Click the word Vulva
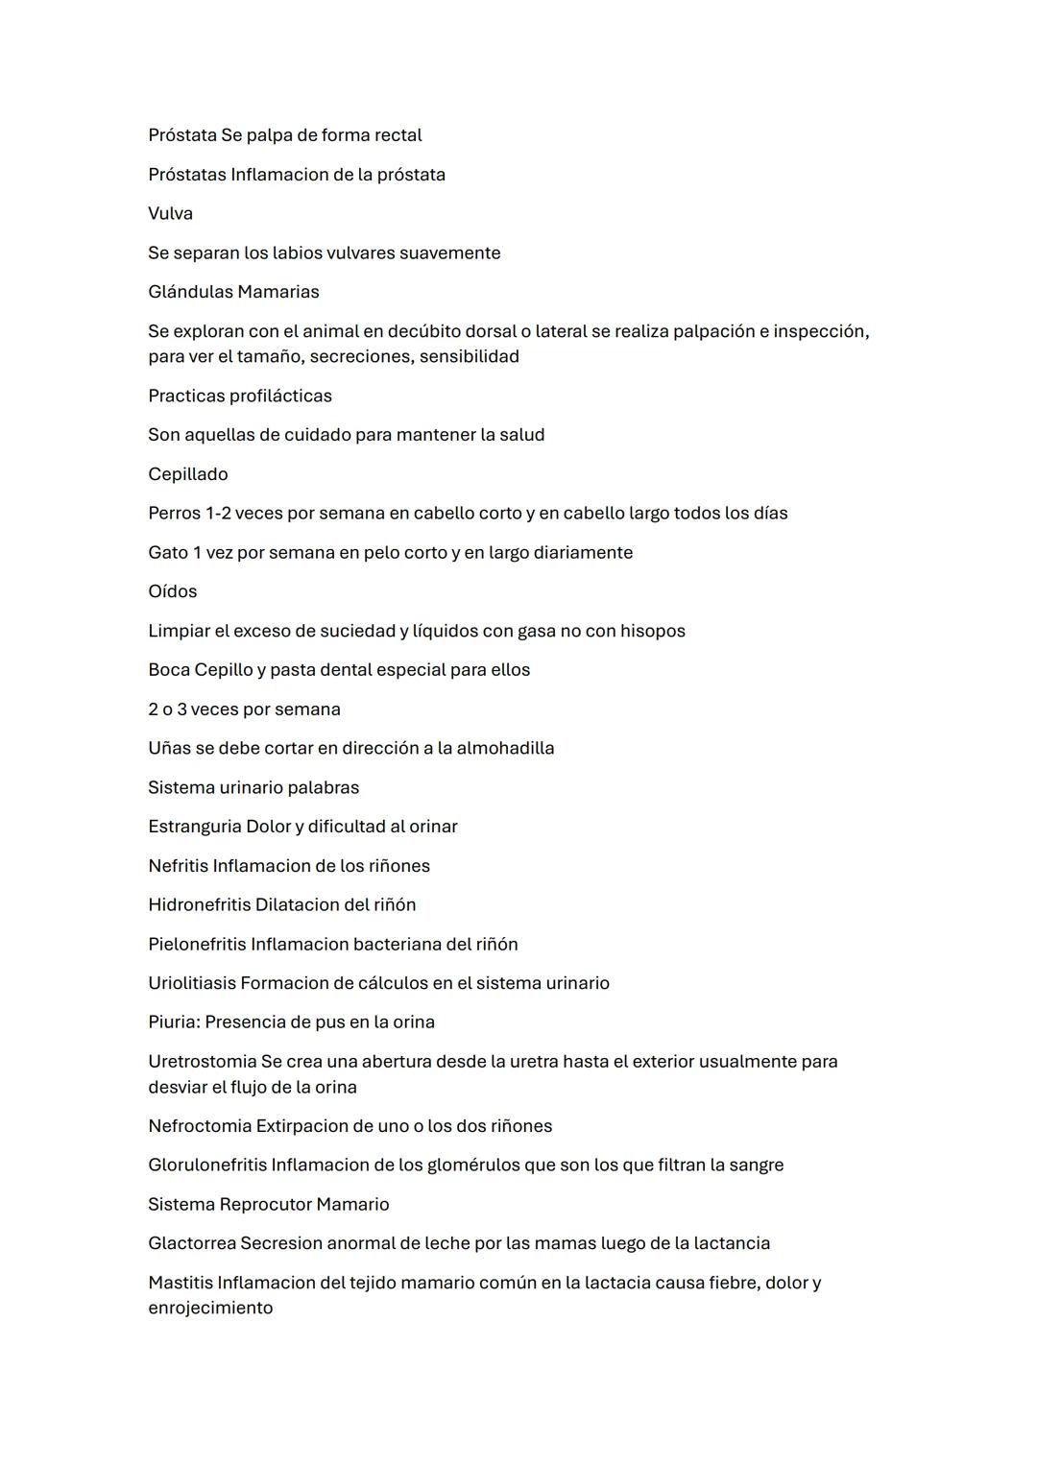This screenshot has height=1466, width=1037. point(170,213)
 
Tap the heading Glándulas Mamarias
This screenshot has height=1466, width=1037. point(233,292)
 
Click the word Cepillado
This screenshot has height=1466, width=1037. point(188,474)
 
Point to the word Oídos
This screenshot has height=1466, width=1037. point(173,591)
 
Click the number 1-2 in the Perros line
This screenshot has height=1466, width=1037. point(217,514)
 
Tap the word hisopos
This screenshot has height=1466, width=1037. point(653,632)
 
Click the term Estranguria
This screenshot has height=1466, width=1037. point(194,827)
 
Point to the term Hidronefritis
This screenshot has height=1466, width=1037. point(199,904)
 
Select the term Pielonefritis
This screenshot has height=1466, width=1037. point(197,944)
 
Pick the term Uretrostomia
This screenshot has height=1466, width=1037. point(202,1062)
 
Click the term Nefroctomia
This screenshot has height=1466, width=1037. point(199,1126)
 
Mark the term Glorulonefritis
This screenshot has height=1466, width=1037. point(206,1166)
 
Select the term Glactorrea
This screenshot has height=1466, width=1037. point(191,1243)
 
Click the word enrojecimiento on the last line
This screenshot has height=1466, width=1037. point(210,1309)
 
